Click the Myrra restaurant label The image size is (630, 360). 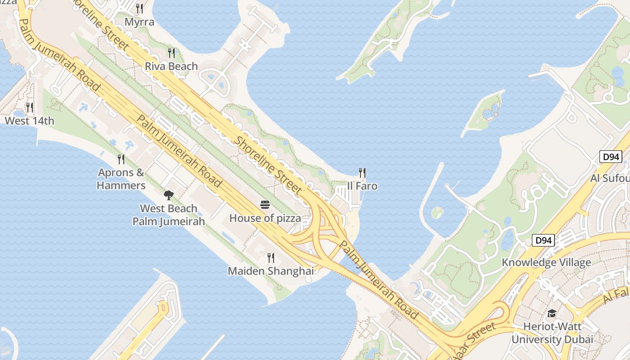139,22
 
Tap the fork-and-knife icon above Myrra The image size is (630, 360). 139,9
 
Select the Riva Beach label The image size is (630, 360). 171,66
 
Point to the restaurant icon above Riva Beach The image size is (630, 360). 171,53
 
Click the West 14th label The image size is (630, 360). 29,121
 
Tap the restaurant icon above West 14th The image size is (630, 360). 30,107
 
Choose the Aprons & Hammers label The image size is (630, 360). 121,179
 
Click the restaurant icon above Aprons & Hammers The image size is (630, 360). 121,159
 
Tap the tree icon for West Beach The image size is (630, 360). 169,195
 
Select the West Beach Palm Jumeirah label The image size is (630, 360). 169,215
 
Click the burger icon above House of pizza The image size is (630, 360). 265,205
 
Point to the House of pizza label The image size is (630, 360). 265,219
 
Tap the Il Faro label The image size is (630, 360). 362,186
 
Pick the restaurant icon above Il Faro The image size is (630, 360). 362,173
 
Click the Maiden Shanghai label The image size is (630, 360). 270,271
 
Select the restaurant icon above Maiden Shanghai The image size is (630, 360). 271,258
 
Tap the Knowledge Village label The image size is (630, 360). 546,263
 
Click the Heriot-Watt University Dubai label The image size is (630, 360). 552,333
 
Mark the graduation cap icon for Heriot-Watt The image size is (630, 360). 552,313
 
